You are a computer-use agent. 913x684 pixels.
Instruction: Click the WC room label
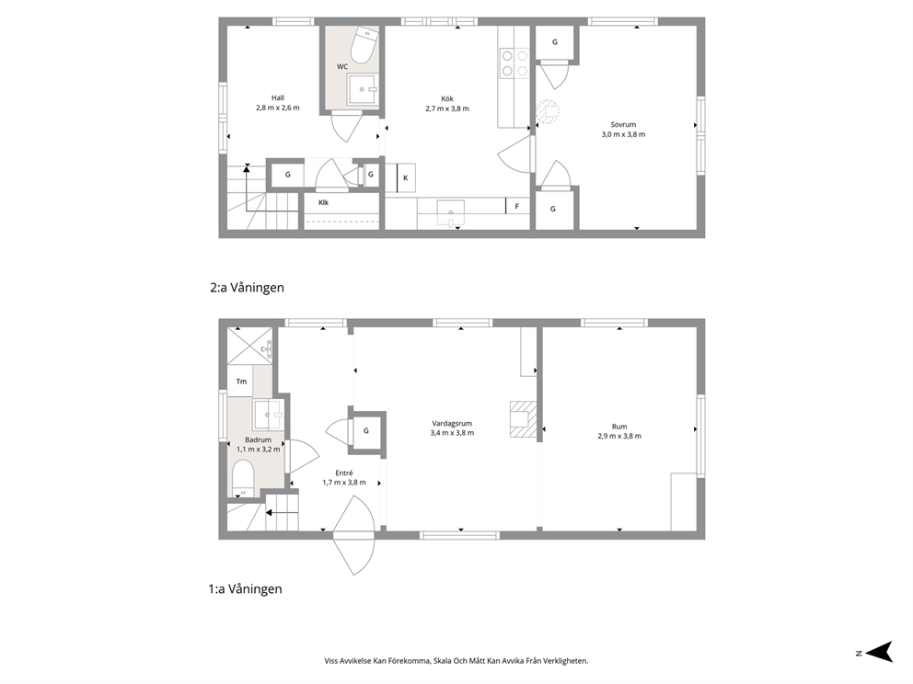341,67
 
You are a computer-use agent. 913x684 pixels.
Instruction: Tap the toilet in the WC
364,44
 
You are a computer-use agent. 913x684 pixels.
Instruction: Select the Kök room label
447,99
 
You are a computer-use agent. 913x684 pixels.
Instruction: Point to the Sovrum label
623,124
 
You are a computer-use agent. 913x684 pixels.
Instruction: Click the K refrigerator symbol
406,178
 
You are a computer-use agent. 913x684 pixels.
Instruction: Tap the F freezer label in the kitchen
517,206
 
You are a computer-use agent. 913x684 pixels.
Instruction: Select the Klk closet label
324,202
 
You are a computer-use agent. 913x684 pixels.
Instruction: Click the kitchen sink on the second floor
451,211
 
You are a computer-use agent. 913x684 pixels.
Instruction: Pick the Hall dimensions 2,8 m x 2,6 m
278,108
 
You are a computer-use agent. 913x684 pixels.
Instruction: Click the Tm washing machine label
242,382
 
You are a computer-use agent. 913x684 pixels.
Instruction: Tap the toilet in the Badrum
243,477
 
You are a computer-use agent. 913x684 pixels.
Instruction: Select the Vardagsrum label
452,424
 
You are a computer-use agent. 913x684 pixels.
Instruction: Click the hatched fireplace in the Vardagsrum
523,419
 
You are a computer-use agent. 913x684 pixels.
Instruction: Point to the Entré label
344,473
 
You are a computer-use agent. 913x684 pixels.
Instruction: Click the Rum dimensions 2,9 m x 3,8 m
619,436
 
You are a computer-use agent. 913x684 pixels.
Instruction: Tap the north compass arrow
879,652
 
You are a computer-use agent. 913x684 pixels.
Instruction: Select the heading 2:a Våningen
247,288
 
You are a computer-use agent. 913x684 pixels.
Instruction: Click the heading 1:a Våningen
245,588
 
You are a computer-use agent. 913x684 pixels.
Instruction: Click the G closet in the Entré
367,431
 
